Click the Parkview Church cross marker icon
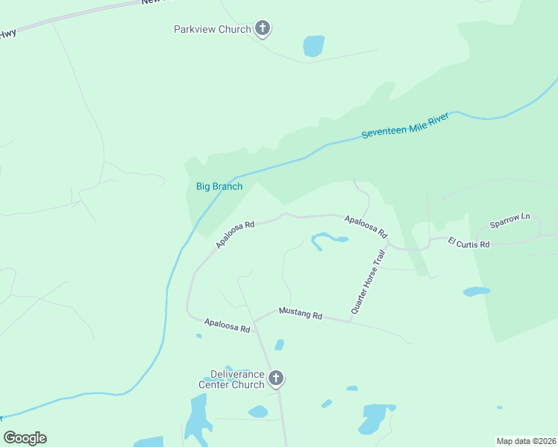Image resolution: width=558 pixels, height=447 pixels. click(x=262, y=29)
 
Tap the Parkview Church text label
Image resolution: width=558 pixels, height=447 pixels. click(x=212, y=30)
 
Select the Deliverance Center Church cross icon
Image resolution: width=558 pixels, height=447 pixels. click(x=276, y=378)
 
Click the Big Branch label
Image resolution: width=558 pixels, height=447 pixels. click(x=219, y=186)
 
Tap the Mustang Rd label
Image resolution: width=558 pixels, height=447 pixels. click(x=300, y=314)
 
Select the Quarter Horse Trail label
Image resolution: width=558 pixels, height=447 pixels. click(x=368, y=282)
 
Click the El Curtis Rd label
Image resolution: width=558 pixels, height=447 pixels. click(x=468, y=243)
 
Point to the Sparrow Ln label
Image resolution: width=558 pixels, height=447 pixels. click(x=510, y=221)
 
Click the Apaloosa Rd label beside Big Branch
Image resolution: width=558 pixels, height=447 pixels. click(x=235, y=234)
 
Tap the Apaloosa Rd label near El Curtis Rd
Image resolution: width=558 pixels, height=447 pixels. click(x=366, y=226)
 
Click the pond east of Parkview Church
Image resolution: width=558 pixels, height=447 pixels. click(x=314, y=46)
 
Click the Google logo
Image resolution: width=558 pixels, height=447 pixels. click(x=25, y=438)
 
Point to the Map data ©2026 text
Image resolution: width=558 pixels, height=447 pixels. click(x=526, y=441)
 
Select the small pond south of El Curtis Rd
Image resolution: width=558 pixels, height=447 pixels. click(x=476, y=291)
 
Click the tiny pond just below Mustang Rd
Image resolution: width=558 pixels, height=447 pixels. click(x=279, y=344)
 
